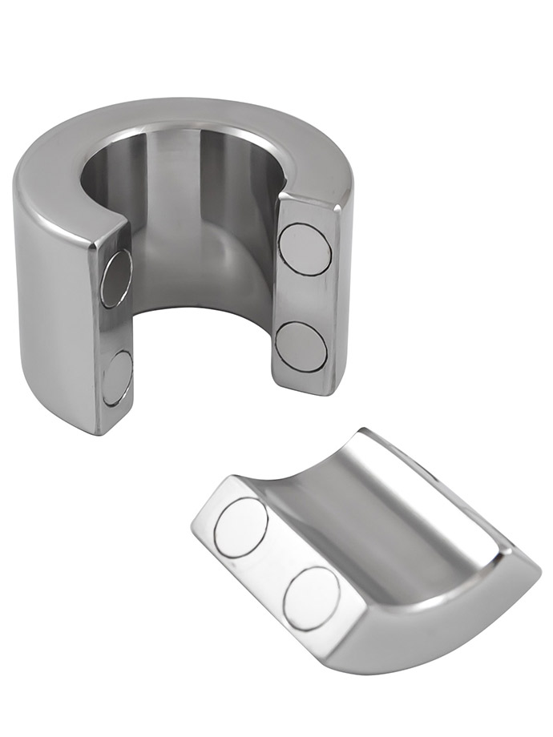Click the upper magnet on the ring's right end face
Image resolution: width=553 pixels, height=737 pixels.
pyautogui.click(x=305, y=249)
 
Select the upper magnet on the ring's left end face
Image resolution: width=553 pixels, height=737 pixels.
pyautogui.click(x=117, y=278)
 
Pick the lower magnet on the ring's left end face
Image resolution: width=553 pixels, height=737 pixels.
pyautogui.click(x=117, y=377)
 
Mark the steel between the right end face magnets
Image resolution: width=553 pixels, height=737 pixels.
pyautogui.click(x=303, y=298)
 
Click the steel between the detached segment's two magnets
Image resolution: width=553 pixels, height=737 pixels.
pyautogui.click(x=277, y=561)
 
